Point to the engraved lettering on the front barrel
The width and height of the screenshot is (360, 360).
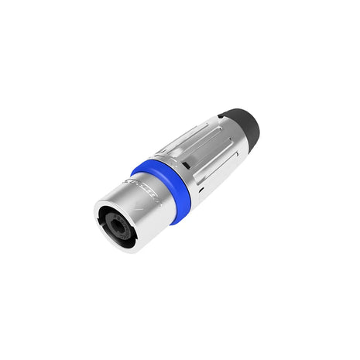coord(144,192)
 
